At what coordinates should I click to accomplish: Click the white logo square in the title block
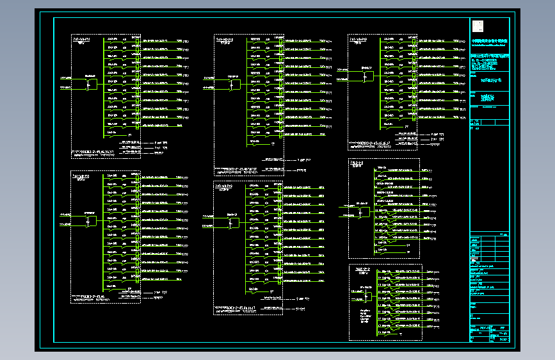pos(478,26)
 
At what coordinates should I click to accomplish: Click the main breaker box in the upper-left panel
pos(91,84)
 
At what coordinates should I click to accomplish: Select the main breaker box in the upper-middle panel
pos(234,84)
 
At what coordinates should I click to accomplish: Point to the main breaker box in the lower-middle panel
pos(234,223)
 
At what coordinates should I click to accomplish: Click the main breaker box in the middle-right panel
pos(364,211)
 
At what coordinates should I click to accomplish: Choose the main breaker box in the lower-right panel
pos(367,297)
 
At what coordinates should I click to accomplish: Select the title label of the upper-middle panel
pos(225,40)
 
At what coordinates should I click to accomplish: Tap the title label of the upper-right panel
pos(362,39)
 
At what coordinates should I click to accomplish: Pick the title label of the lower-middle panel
pos(225,185)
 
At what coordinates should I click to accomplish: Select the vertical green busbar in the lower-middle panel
pos(246,237)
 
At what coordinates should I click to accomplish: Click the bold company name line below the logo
pos(490,40)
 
